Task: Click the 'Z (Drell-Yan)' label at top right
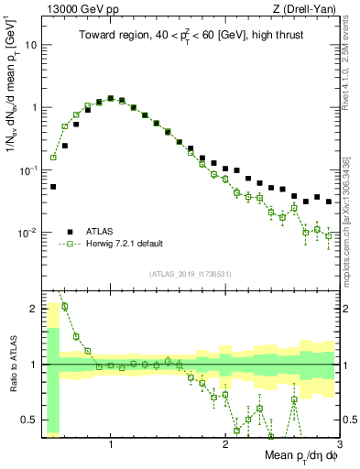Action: click(x=308, y=9)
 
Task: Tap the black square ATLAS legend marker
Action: click(x=70, y=232)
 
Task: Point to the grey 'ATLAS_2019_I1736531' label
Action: click(x=191, y=274)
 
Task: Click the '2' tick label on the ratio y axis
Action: click(x=34, y=308)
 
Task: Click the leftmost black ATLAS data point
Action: click(x=53, y=186)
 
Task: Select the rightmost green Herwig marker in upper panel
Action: click(x=329, y=236)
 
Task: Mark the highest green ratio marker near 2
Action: click(x=65, y=307)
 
